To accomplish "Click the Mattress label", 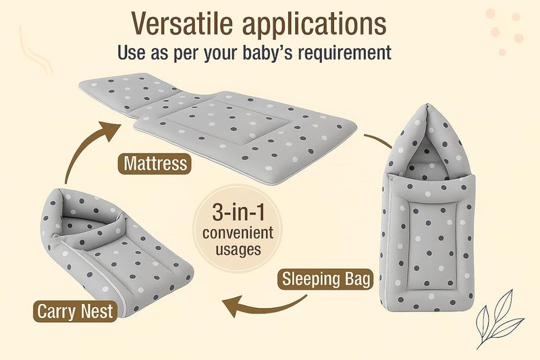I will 155,164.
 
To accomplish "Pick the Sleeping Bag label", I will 327,278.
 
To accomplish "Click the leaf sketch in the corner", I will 501,317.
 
